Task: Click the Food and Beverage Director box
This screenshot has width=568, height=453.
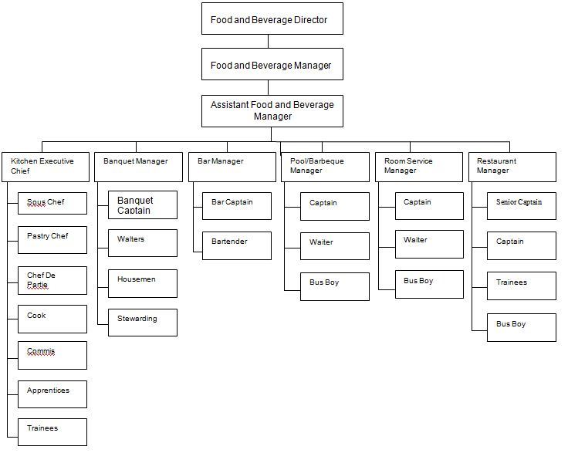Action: [x=272, y=19]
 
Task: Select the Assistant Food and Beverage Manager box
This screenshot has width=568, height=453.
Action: [x=272, y=111]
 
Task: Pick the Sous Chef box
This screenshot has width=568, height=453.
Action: [x=52, y=204]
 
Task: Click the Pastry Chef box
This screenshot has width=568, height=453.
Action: [x=52, y=240]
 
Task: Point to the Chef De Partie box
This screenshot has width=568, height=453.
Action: [x=52, y=279]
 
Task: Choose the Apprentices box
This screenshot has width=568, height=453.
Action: [x=52, y=394]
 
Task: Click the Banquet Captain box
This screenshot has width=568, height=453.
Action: [x=142, y=205]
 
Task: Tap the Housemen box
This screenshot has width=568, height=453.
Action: [x=142, y=283]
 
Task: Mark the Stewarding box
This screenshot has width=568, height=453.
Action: [x=142, y=322]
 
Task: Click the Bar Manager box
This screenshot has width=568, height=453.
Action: [x=232, y=167]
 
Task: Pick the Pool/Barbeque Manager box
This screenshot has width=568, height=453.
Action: [x=324, y=167]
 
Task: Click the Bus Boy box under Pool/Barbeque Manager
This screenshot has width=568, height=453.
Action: [x=334, y=285]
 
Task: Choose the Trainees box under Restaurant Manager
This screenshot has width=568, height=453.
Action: [x=521, y=286]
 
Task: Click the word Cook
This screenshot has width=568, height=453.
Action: [x=36, y=316]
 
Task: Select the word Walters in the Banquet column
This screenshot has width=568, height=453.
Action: [x=130, y=239]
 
